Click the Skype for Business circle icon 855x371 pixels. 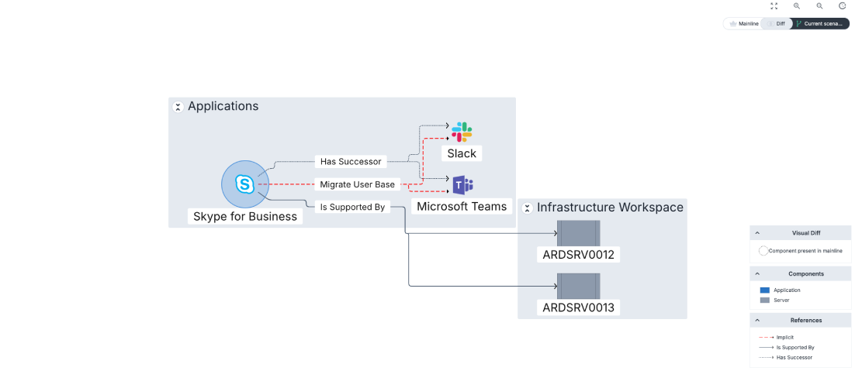(244, 184)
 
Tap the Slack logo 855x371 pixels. (462, 132)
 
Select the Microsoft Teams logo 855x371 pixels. (462, 185)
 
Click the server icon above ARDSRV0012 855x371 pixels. (578, 232)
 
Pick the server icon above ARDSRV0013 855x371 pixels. (578, 285)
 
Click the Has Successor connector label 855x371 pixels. (351, 162)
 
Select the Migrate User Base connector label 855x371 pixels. (358, 184)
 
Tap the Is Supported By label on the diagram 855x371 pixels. (352, 207)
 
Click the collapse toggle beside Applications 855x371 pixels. (178, 107)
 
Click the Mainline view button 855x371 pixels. (742, 24)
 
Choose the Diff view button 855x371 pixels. (777, 24)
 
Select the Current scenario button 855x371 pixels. (821, 24)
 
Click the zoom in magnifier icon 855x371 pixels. (797, 6)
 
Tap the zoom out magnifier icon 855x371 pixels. (819, 6)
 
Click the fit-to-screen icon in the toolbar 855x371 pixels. (774, 6)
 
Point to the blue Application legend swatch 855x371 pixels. (764, 290)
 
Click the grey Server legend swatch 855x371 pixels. (764, 300)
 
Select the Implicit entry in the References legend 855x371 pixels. (783, 337)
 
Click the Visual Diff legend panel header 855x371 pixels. (800, 232)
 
